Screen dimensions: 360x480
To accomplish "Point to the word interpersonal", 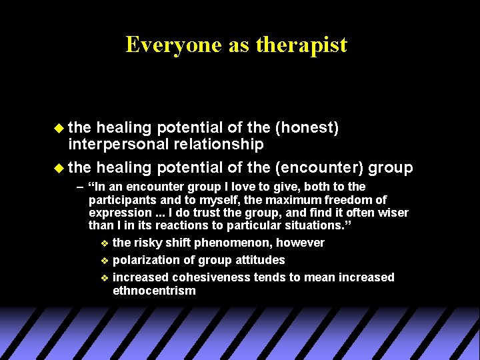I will pos(119,144).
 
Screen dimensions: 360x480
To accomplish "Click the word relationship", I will pos(219,144).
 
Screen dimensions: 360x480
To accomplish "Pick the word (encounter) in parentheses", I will pos(321,167).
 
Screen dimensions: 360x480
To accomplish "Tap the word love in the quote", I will pos(231,187).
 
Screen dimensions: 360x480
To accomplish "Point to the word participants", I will pos(121,200).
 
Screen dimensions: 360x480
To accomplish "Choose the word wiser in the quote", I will pos(392,213).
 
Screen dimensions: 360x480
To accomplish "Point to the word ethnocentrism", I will pos(154,290).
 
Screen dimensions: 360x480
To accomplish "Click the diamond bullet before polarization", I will pos(103,260).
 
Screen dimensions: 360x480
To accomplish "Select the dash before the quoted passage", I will pos(81,187).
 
